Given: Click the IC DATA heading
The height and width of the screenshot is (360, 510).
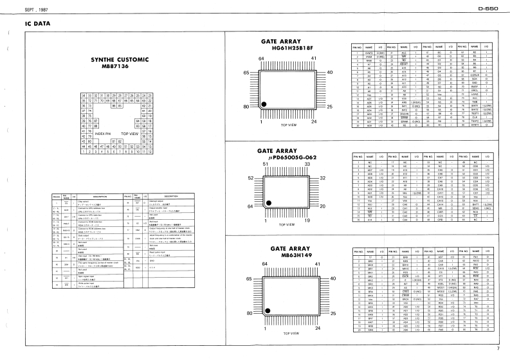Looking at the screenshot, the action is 37,24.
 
